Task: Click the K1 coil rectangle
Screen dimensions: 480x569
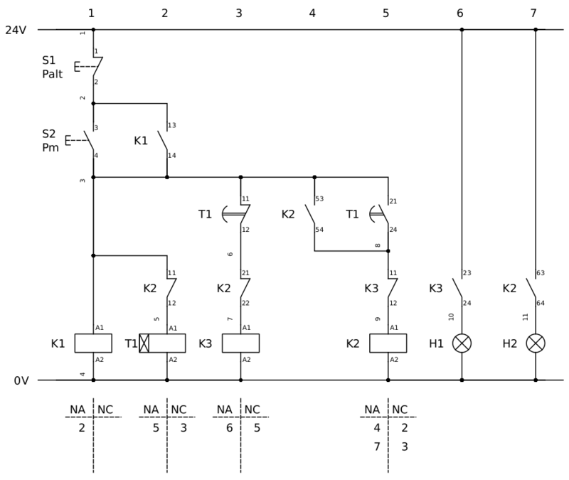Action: [93, 343]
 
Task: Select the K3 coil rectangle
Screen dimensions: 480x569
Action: [240, 343]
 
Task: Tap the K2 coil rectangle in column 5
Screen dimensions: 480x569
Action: [388, 343]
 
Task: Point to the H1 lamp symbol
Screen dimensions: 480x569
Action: [462, 343]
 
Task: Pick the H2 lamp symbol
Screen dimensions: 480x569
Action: [536, 343]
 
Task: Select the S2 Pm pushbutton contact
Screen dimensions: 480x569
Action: [90, 140]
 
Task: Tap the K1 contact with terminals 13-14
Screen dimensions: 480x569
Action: [164, 140]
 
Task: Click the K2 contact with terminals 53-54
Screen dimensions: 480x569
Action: [311, 213]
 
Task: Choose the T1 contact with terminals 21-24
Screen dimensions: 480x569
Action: [383, 213]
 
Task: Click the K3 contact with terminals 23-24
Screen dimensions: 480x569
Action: [458, 287]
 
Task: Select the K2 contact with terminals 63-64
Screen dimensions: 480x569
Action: [532, 287]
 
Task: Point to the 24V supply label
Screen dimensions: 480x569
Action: [17, 31]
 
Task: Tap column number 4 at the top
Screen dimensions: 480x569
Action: [312, 13]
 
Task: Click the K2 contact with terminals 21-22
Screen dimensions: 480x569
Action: [243, 287]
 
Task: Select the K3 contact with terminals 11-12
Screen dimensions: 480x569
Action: [390, 287]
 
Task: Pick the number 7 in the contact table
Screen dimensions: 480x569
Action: [377, 447]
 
